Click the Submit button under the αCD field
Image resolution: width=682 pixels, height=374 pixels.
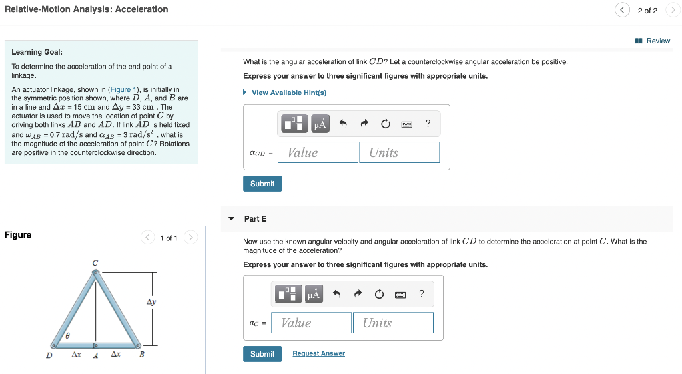point(262,184)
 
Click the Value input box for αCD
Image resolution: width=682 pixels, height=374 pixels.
point(318,152)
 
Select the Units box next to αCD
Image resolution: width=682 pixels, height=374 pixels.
point(399,152)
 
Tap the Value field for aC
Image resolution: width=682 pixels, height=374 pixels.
point(311,323)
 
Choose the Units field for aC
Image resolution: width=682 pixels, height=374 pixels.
point(393,323)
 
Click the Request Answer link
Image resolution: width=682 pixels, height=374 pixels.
point(318,353)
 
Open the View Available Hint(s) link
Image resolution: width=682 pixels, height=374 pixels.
point(288,93)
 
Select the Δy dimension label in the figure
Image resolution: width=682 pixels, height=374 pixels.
point(151,302)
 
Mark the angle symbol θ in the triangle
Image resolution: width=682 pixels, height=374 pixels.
point(68,337)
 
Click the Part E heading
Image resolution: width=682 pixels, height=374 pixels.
point(255,218)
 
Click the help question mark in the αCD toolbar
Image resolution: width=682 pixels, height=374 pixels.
point(428,123)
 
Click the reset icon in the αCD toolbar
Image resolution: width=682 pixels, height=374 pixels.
point(386,124)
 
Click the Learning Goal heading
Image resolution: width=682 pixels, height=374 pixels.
point(37,52)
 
